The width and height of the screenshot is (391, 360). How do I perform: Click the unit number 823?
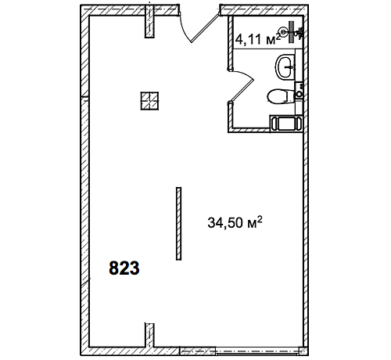(x=124, y=268)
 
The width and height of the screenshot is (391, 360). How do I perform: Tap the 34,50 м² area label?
(x=235, y=222)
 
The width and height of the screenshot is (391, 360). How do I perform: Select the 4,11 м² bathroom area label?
(x=257, y=39)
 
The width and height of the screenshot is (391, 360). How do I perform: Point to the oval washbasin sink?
(x=285, y=67)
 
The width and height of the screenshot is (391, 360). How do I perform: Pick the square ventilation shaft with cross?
(x=149, y=101)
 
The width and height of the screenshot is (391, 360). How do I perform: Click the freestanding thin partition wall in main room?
(x=178, y=224)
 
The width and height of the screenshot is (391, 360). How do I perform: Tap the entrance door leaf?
(x=204, y=29)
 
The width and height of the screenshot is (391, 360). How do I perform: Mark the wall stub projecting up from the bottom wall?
(x=149, y=335)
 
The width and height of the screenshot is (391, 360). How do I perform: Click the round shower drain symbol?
(x=283, y=32)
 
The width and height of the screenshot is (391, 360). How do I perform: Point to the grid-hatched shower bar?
(x=292, y=32)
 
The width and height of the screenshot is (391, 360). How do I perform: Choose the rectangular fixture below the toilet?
(x=285, y=123)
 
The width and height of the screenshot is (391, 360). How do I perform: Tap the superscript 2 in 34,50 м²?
(x=259, y=219)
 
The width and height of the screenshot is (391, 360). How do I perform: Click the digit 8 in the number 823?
(x=113, y=268)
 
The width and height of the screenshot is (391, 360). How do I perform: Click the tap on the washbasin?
(x=290, y=67)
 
